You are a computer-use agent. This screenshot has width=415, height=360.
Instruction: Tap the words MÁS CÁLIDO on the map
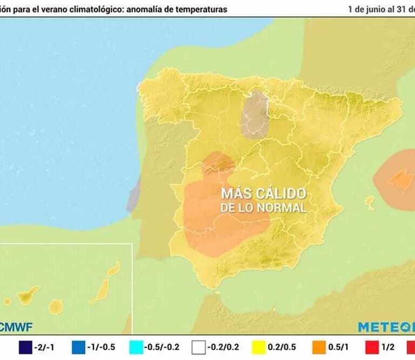click(x=263, y=194)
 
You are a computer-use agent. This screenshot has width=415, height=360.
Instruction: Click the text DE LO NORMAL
click(x=263, y=207)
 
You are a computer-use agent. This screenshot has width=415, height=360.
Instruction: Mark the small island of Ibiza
click(x=370, y=203)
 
